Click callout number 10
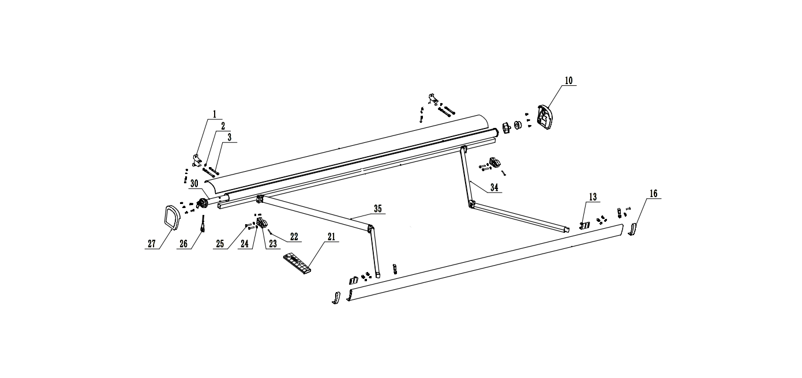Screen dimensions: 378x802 568,81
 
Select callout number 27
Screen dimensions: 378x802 152,244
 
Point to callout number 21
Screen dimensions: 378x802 331,237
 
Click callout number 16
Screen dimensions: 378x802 653,194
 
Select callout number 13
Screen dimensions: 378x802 593,197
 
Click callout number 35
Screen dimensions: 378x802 377,208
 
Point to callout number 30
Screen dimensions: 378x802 194,183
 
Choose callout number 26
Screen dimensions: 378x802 183,244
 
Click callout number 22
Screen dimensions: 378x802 294,237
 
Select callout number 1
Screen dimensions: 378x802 215,114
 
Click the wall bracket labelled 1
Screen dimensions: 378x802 196,161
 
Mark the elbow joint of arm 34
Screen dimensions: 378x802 471,204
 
